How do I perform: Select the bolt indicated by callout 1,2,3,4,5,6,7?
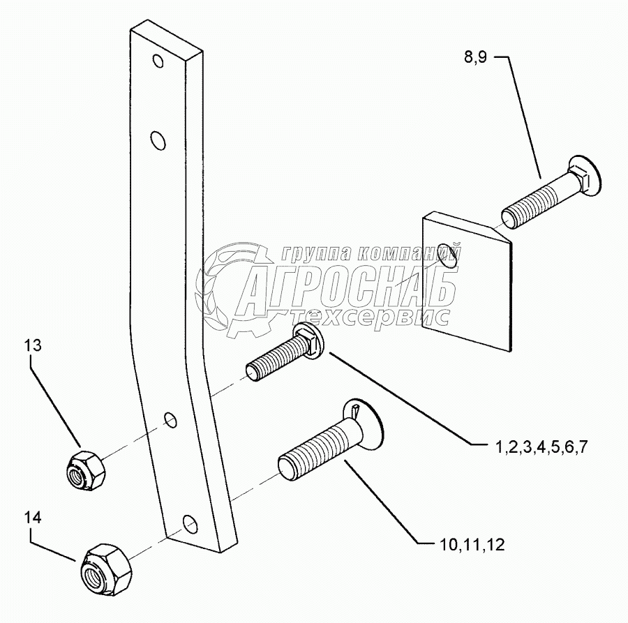point(286,356)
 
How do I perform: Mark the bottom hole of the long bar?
point(188,522)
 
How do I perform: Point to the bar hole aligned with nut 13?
point(170,420)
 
